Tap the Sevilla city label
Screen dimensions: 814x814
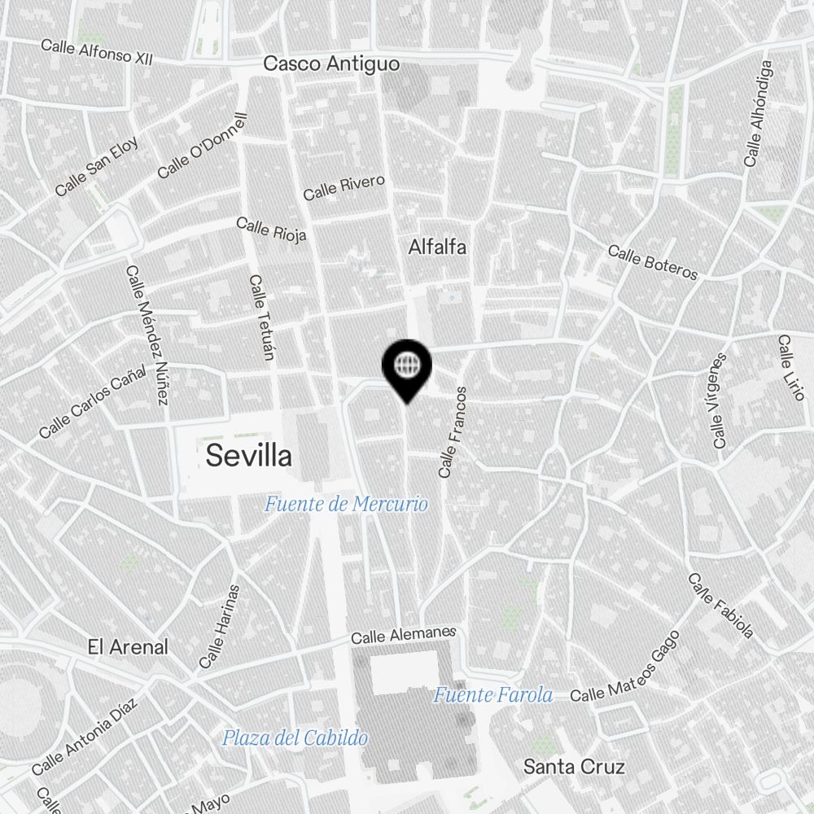[x=248, y=456]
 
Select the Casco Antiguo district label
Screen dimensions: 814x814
[x=332, y=63]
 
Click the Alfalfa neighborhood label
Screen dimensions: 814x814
[x=438, y=247]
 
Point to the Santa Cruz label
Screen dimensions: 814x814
[x=574, y=767]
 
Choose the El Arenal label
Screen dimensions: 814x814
[x=128, y=647]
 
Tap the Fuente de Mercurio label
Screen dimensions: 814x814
[x=346, y=505]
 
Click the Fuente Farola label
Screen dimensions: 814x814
[x=492, y=695]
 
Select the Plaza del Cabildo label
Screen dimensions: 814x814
[x=295, y=738]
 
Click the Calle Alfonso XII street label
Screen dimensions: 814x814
[x=97, y=52]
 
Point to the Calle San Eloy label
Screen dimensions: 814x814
[x=97, y=166]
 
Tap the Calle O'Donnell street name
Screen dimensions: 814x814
[x=202, y=146]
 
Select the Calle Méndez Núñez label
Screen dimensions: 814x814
[x=147, y=335]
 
